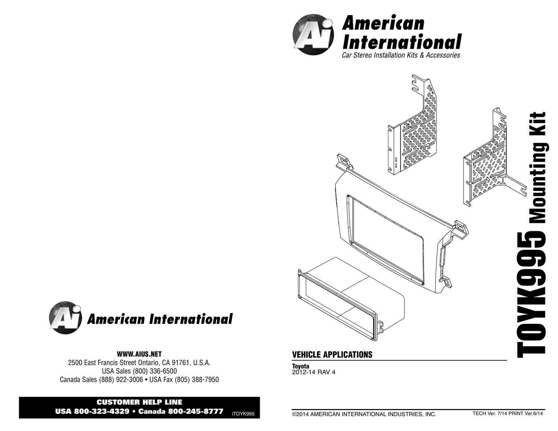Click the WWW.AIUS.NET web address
click(139, 354)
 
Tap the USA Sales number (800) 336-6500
click(155, 371)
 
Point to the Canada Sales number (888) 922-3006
click(121, 380)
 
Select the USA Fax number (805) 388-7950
click(197, 380)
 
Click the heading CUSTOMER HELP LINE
click(139, 402)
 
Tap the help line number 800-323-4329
click(102, 412)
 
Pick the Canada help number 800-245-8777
click(196, 412)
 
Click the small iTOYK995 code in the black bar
click(243, 414)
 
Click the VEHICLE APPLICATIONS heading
click(332, 355)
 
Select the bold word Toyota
click(301, 366)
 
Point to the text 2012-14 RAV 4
click(314, 372)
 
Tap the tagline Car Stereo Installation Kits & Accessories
click(401, 55)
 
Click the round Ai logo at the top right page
click(313, 35)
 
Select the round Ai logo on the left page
click(65, 318)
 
